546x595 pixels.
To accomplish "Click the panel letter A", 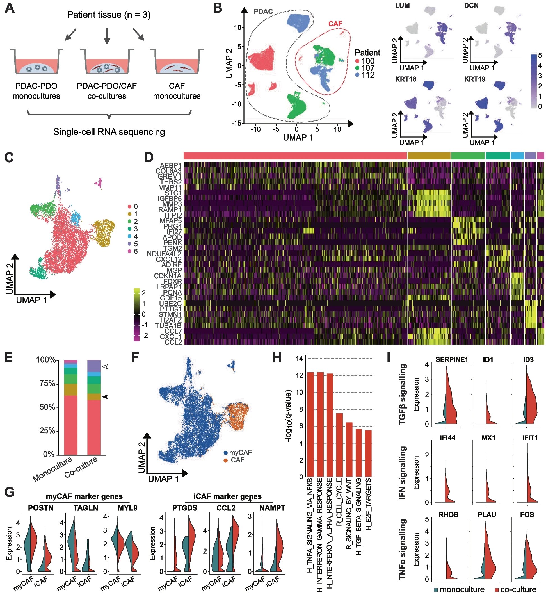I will (x=10, y=8).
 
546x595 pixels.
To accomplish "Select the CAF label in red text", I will (x=335, y=24).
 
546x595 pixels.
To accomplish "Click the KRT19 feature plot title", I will (x=474, y=79).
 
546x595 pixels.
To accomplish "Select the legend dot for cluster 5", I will (x=129, y=244).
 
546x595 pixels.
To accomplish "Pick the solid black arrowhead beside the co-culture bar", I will (x=105, y=397).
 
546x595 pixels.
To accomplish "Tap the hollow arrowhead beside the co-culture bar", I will (x=105, y=366).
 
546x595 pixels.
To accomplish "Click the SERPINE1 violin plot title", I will (x=451, y=359).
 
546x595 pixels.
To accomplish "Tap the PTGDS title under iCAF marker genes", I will (x=185, y=508).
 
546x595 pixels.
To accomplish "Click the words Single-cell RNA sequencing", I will (x=109, y=132).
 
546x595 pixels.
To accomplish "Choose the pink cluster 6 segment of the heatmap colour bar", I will (x=540, y=156).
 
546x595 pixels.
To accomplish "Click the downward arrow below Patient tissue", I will (x=107, y=36).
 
